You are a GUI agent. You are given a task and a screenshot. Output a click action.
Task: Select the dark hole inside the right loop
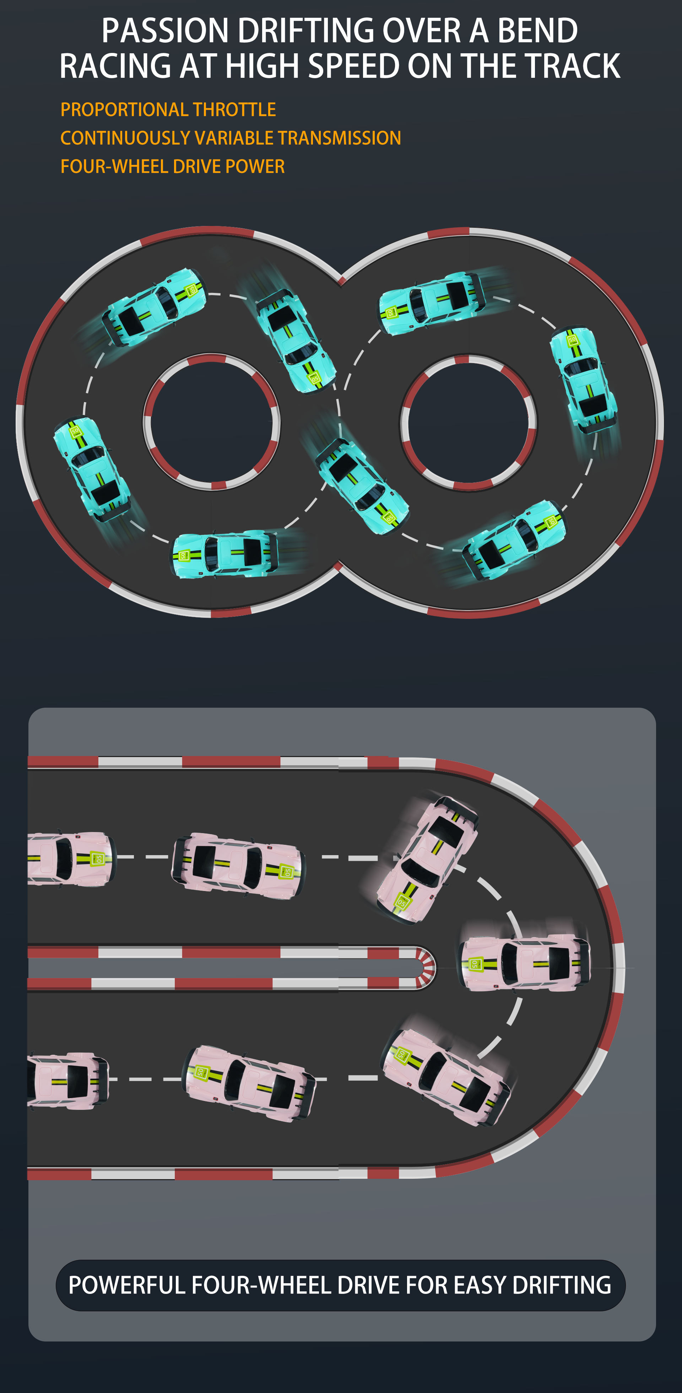(469, 422)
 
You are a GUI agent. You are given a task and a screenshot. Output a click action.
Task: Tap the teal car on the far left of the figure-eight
(91, 468)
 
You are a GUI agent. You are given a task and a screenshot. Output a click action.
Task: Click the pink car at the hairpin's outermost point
(525, 963)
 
